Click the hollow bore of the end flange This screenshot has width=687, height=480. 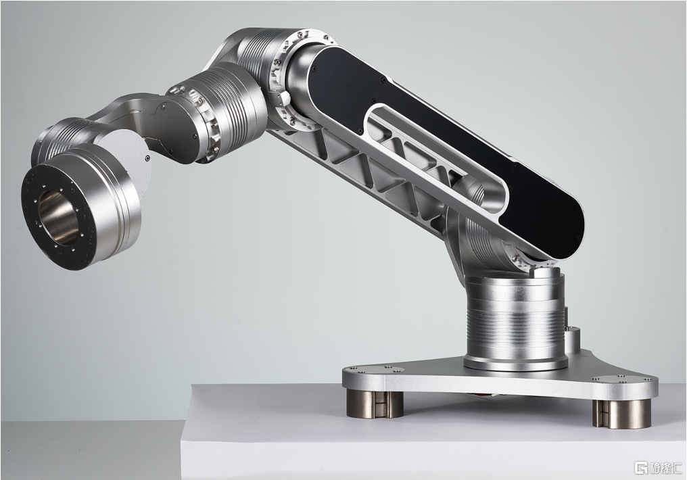[x=57, y=217]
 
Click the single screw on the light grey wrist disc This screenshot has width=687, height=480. [x=147, y=158]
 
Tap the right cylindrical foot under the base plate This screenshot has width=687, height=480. [x=621, y=413]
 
